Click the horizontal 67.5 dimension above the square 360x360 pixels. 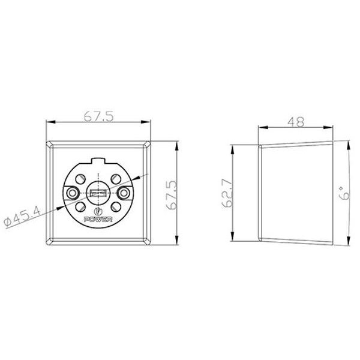[99, 116]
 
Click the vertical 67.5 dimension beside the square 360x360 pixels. [172, 195]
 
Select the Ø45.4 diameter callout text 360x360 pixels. [22, 217]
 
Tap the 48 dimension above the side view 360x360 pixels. [296, 122]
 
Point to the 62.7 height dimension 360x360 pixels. [228, 193]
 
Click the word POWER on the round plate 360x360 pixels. [98, 220]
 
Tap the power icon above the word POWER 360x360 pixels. [98, 211]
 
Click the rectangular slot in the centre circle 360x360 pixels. [98, 193]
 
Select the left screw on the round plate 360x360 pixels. [73, 193]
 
